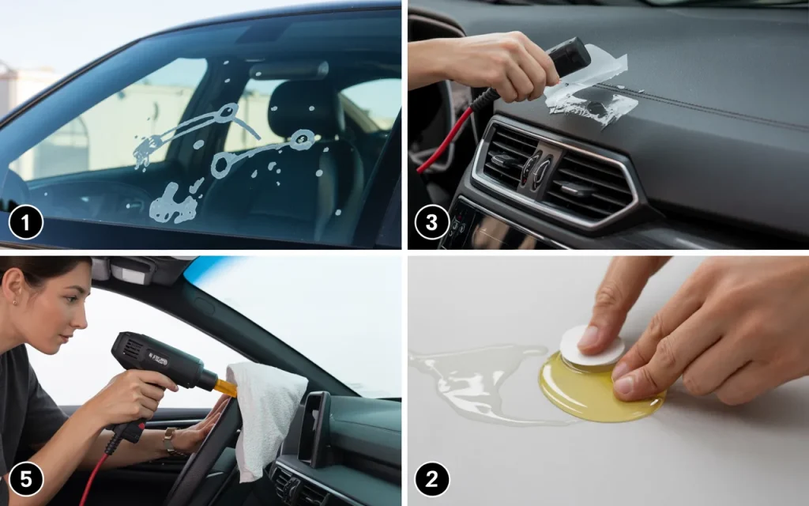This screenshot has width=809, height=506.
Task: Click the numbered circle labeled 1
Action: (26, 222)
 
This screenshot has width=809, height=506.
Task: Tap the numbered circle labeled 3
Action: (432, 222)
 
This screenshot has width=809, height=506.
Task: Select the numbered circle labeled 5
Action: (26, 479)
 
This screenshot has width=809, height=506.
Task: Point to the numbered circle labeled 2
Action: (432, 479)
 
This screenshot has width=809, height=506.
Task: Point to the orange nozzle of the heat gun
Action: (226, 387)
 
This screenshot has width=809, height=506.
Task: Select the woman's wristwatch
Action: (169, 440)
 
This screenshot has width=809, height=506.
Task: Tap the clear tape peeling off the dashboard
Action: (593, 88)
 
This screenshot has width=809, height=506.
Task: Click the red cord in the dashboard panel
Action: (445, 139)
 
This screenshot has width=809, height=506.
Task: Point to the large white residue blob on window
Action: (173, 204)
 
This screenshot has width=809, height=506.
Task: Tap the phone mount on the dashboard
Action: (314, 429)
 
